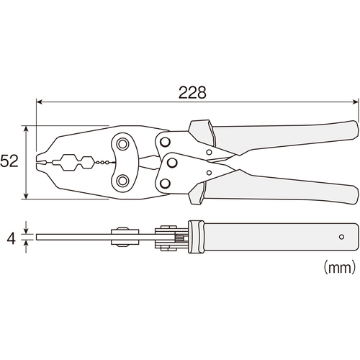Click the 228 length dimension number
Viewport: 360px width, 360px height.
pos(192,93)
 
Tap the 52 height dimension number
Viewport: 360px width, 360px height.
pos(9,161)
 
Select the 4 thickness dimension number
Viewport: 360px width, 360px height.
pos(11,239)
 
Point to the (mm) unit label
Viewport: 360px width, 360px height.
pos(339,268)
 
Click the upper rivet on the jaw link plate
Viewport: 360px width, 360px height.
pos(122,144)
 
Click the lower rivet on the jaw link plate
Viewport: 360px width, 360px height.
pos(122,181)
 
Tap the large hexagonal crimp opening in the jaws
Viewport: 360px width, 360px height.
pos(68,163)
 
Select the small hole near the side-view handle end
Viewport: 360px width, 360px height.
pos(341,237)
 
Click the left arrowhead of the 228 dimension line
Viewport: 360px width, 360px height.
pos(39,102)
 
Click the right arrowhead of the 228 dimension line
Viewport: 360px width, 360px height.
pos(356,102)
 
